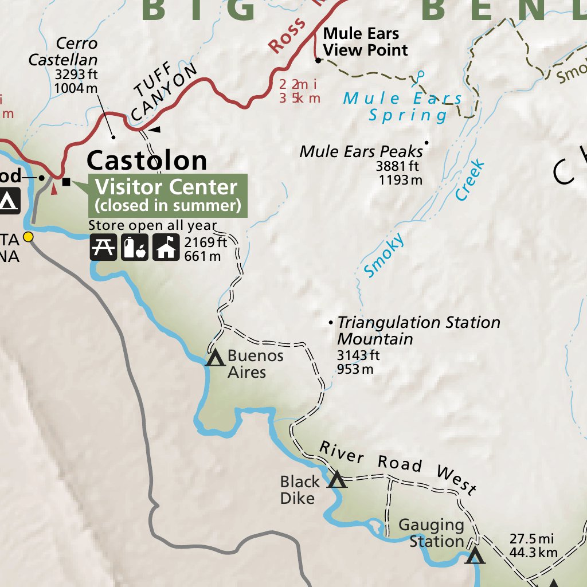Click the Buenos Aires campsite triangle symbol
coord(215,359)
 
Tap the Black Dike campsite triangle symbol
coord(337,480)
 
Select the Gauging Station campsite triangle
coord(475,555)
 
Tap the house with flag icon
coord(167,247)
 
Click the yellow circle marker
coord(28,237)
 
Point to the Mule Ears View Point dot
coord(317,60)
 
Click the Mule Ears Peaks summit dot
coord(426,143)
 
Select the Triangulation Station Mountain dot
coord(331,323)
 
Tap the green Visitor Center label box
coord(167,195)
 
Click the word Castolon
coord(147,161)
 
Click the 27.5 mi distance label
coord(531,539)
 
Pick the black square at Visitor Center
coord(66,182)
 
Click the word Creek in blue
coord(471,181)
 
